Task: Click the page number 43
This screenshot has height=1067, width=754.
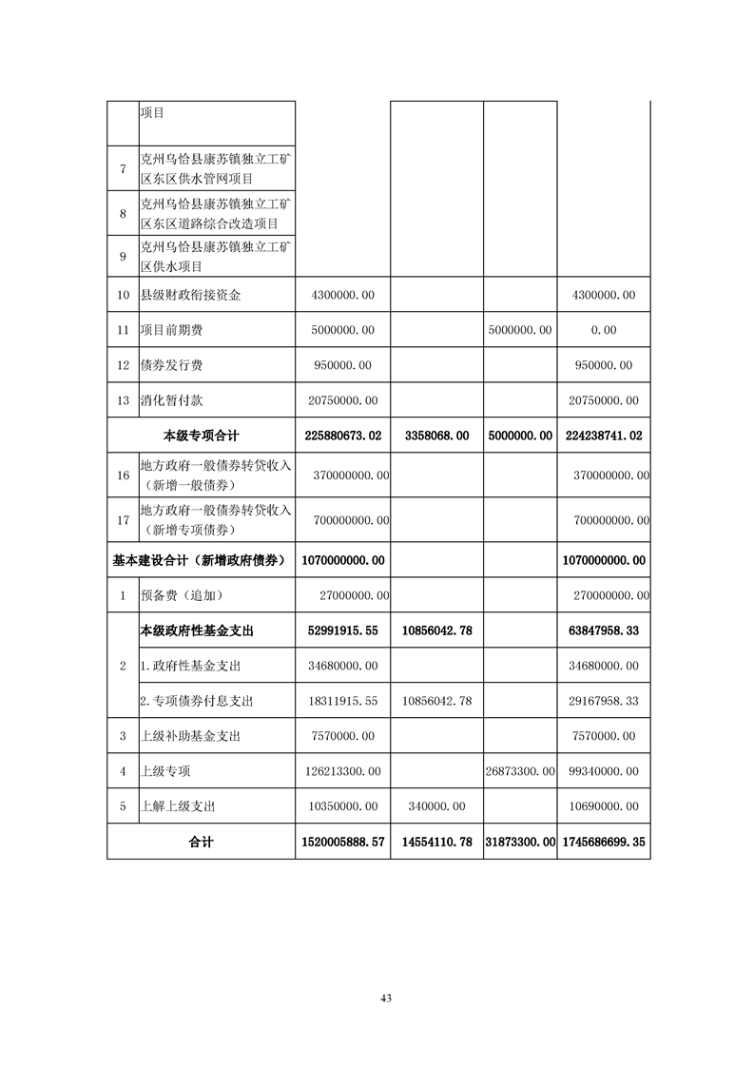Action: click(x=385, y=998)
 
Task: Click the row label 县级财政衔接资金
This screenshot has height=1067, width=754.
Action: click(x=190, y=295)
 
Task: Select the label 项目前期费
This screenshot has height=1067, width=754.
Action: click(x=171, y=330)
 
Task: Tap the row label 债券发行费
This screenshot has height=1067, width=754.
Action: click(x=171, y=365)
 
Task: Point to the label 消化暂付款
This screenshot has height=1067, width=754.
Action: click(x=171, y=400)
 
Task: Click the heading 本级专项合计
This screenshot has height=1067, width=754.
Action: click(x=202, y=436)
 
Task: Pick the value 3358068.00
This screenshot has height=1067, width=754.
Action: click(x=437, y=436)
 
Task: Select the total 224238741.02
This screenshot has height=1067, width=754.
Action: click(x=604, y=436)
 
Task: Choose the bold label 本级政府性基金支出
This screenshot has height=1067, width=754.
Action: click(x=197, y=630)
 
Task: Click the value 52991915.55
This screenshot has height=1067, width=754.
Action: click(x=343, y=630)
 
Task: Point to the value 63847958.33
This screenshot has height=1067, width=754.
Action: click(x=604, y=630)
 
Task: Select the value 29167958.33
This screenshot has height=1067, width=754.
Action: click(x=604, y=701)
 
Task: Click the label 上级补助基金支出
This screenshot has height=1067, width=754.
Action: click(x=190, y=736)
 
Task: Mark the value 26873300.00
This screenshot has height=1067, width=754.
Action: click(x=520, y=770)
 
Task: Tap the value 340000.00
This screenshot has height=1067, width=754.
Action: click(x=437, y=805)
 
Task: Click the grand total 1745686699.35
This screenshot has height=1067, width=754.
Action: click(x=604, y=842)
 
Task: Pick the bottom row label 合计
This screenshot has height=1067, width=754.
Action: click(x=202, y=842)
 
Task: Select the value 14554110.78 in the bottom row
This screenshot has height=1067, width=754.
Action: click(x=437, y=842)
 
